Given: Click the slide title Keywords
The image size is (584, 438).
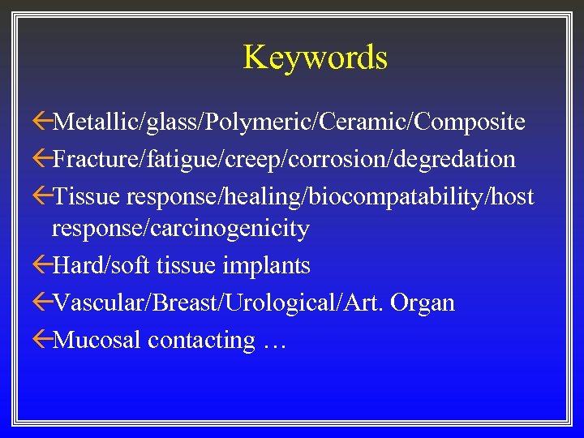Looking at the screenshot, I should pyautogui.click(x=315, y=58).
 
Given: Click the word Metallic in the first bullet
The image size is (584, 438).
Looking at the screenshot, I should pyautogui.click(x=96, y=122).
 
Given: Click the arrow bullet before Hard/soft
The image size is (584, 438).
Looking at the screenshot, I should pyautogui.click(x=42, y=265).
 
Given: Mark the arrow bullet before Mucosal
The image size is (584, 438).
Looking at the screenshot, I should pyautogui.click(x=42, y=340).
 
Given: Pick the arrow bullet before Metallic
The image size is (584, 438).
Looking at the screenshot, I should pyautogui.click(x=42, y=122).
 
